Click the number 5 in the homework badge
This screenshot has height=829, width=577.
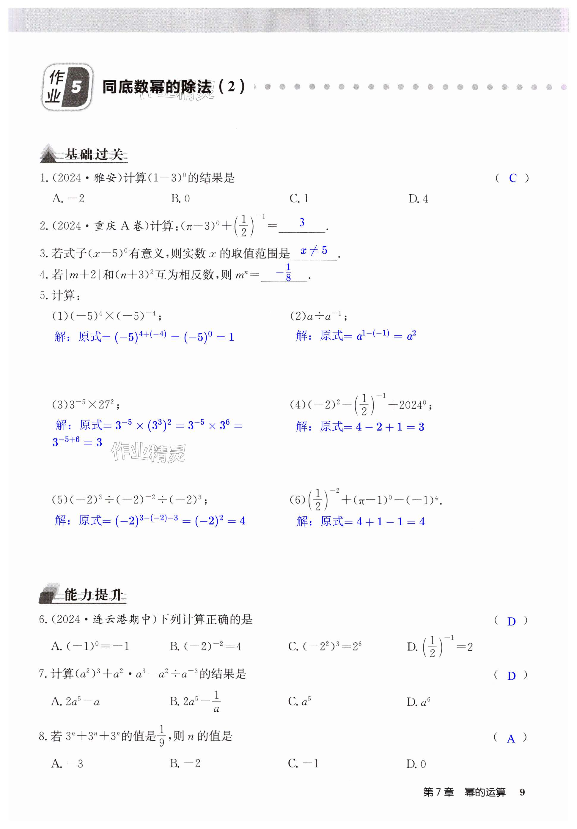click(x=76, y=87)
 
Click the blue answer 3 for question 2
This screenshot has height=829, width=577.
click(x=302, y=223)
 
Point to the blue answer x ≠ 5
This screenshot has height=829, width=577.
click(x=314, y=250)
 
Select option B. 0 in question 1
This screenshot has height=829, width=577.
click(x=180, y=198)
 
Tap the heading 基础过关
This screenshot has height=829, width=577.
click(x=94, y=155)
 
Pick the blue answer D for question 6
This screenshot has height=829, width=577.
click(x=511, y=622)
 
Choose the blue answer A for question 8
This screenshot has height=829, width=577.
click(x=510, y=739)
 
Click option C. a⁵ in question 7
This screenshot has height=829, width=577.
click(x=300, y=702)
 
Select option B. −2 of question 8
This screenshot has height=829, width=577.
click(x=185, y=764)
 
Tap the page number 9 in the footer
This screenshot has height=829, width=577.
click(x=522, y=792)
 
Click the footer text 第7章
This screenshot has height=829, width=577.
click(x=438, y=792)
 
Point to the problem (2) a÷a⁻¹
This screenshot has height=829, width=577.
click(x=318, y=316)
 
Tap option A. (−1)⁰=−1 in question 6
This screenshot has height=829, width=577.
click(x=90, y=646)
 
